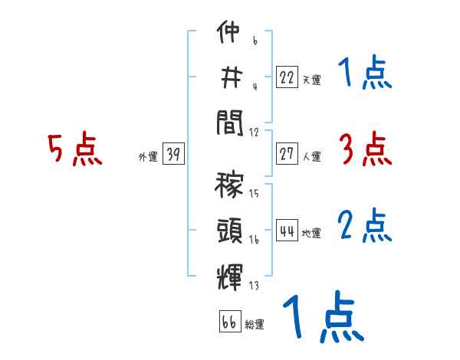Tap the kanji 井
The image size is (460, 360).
(x=229, y=77)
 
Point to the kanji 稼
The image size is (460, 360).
(x=229, y=185)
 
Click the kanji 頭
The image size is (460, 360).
(x=229, y=228)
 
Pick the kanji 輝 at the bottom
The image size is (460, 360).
(x=229, y=273)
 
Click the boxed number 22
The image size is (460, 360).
(x=287, y=77)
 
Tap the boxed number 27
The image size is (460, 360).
(x=287, y=153)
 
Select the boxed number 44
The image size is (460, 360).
(x=287, y=231)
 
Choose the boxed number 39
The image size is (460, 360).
(x=172, y=155)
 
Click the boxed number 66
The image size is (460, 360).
(x=228, y=322)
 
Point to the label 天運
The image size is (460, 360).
(x=311, y=80)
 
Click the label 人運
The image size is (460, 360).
(x=311, y=156)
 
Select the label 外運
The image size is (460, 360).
(x=147, y=157)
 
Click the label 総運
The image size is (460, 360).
(x=254, y=324)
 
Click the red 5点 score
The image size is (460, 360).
(x=74, y=150)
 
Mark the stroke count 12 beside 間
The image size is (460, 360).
(x=254, y=132)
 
